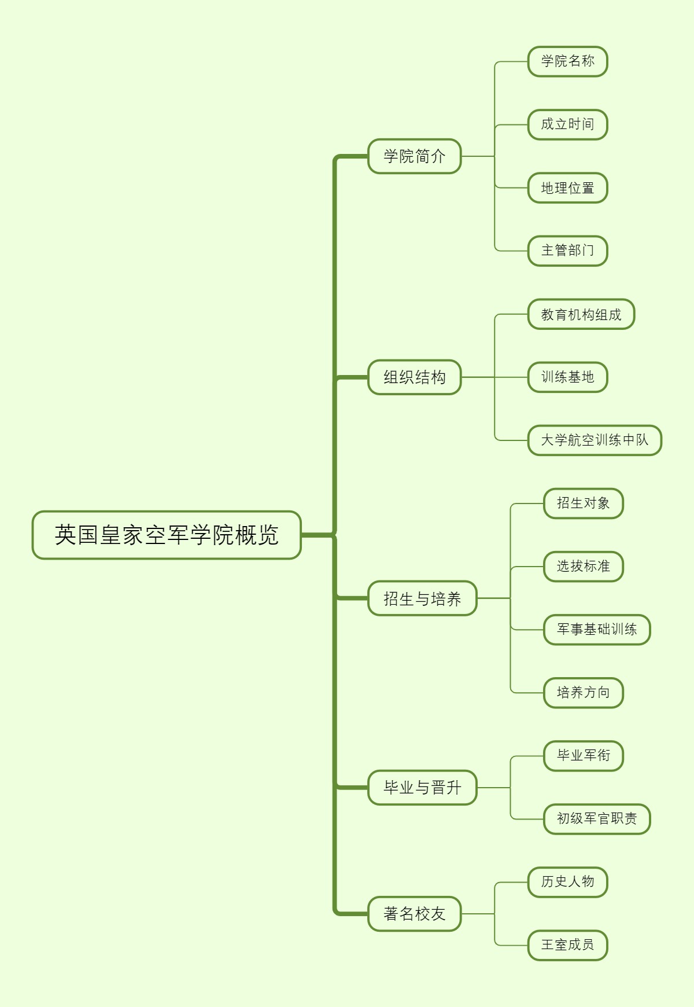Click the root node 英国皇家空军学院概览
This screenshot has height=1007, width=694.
[x=167, y=535]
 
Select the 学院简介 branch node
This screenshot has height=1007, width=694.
[x=415, y=156]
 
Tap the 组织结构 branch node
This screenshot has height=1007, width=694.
[x=415, y=377]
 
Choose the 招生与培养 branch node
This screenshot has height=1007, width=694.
[x=422, y=598]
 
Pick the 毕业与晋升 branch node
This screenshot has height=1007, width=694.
[x=422, y=788]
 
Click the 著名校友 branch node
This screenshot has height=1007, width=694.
[x=415, y=914]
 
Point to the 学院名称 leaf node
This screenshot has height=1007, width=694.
[x=567, y=61]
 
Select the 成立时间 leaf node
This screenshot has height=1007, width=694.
[x=567, y=124]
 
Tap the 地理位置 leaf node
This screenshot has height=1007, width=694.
[x=567, y=188]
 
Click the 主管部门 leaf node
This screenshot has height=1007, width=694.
[x=567, y=251]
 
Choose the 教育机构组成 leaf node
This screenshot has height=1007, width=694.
[x=581, y=314]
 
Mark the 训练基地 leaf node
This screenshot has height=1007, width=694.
[x=567, y=377]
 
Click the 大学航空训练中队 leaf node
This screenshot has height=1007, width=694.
[x=595, y=440]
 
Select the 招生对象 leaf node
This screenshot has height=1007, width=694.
[x=583, y=503]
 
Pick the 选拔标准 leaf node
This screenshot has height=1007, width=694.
[x=583, y=567]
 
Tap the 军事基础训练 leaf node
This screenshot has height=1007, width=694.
[x=597, y=630]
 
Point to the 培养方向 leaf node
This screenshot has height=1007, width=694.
[x=583, y=693]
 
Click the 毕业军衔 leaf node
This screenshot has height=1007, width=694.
[x=583, y=756]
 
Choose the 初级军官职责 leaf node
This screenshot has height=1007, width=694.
[x=597, y=819]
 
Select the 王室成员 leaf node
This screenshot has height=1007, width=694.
[x=567, y=945]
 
